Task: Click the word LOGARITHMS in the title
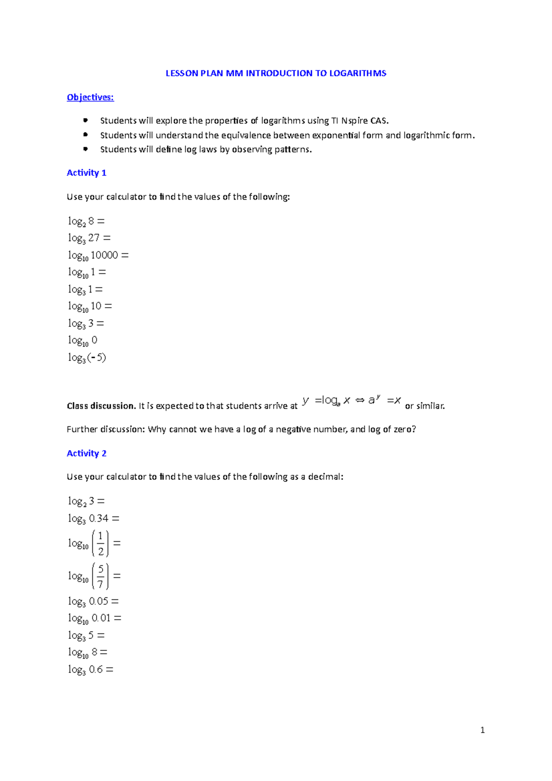pyautogui.click(x=357, y=73)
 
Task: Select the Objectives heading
pyautogui.click(x=90, y=97)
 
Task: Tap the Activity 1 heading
pyautogui.click(x=86, y=173)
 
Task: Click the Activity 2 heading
pyautogui.click(x=86, y=454)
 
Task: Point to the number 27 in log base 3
pyautogui.click(x=94, y=238)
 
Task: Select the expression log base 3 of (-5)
pyautogui.click(x=87, y=357)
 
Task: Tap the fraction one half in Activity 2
pyautogui.click(x=101, y=544)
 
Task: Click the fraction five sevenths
pyautogui.click(x=101, y=576)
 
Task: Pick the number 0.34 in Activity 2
pyautogui.click(x=99, y=518)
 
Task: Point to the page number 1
pyautogui.click(x=482, y=730)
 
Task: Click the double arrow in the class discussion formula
pyautogui.click(x=360, y=401)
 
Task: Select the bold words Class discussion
pyautogui.click(x=101, y=406)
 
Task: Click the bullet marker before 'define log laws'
pyautogui.click(x=85, y=149)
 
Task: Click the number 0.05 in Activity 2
pyautogui.click(x=99, y=601)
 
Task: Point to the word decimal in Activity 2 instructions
pyautogui.click(x=324, y=477)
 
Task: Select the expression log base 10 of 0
pyautogui.click(x=83, y=340)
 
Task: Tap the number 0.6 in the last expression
pyautogui.click(x=96, y=669)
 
